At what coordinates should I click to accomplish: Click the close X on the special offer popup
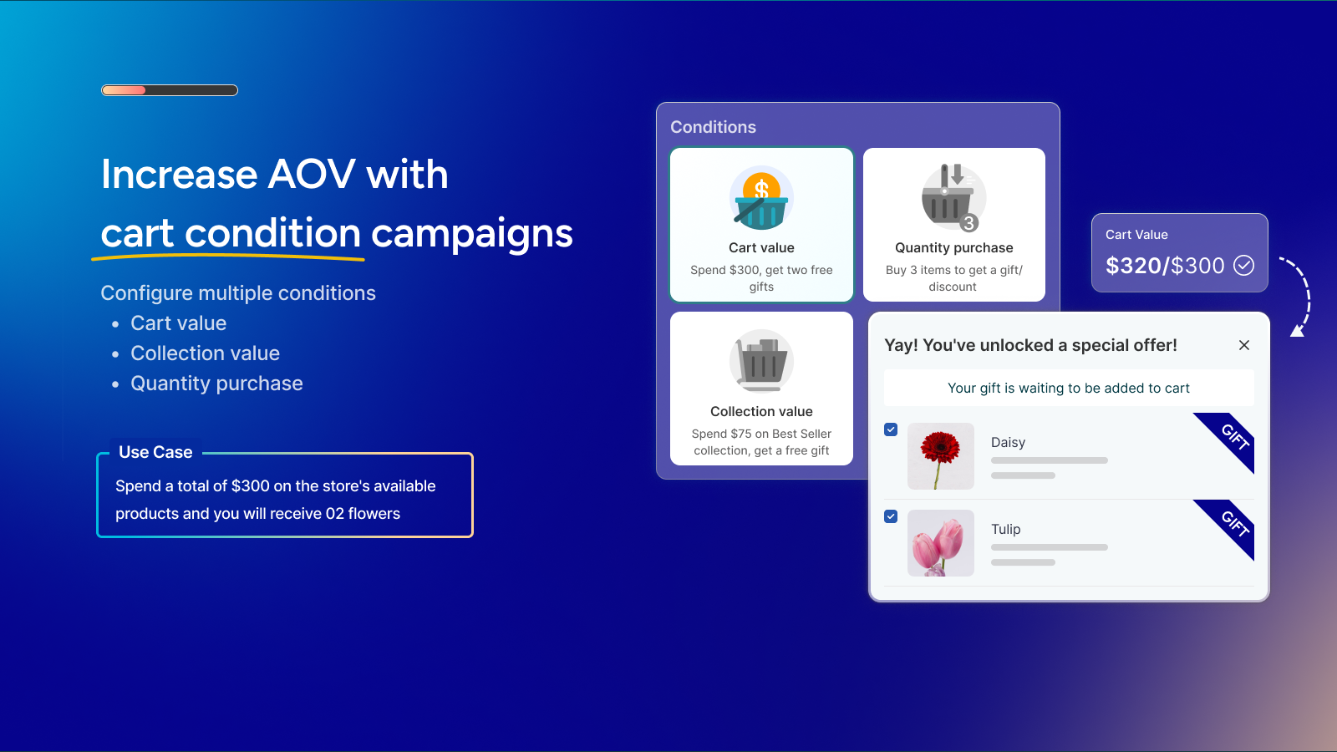click(x=1244, y=345)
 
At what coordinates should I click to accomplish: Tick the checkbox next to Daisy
click(x=891, y=429)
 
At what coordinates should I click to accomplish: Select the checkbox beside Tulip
click(x=891, y=516)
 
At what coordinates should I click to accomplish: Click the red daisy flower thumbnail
click(x=941, y=456)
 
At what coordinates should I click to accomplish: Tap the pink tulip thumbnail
click(x=941, y=543)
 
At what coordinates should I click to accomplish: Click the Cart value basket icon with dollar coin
click(x=761, y=198)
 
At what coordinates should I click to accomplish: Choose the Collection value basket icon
click(x=761, y=362)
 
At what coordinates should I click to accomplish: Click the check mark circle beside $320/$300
click(x=1244, y=265)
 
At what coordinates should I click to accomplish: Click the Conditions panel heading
click(x=713, y=127)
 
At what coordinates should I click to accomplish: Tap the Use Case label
click(x=155, y=452)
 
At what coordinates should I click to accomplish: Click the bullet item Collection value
click(x=205, y=353)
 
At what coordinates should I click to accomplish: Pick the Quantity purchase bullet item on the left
click(x=216, y=384)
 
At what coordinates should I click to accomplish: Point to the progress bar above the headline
click(x=170, y=90)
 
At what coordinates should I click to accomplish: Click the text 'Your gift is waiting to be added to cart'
click(x=1069, y=388)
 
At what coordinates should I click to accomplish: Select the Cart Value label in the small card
click(x=1136, y=235)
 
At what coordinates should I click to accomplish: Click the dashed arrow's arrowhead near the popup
click(x=1298, y=331)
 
